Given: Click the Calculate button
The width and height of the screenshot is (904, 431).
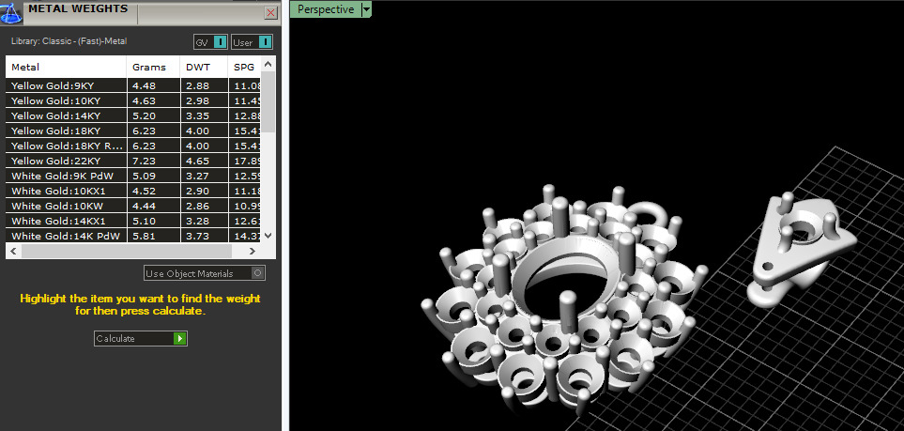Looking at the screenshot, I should coord(140,338).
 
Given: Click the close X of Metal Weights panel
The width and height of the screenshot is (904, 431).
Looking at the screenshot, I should coord(270,13).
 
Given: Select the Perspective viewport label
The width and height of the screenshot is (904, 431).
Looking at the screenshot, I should coord(326,9).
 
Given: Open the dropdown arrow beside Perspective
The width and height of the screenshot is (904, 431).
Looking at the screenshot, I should coord(366,9).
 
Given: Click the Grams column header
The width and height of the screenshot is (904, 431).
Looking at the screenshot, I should coord(148,67).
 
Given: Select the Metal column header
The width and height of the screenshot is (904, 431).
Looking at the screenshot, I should coord(25,67).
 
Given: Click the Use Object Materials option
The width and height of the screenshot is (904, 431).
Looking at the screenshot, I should coord(205,273).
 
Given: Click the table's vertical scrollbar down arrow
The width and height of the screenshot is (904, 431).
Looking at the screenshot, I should coord(268,236).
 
